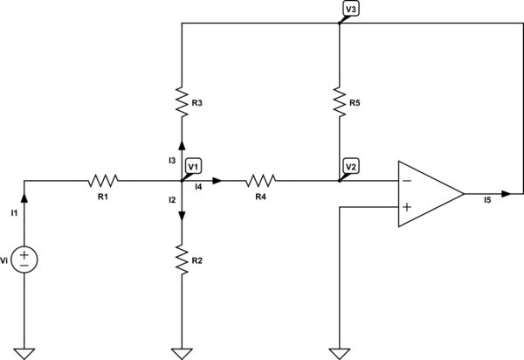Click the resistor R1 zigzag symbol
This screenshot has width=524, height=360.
(x=103, y=181)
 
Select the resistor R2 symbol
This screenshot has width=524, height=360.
(x=182, y=260)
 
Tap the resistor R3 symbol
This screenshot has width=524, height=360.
(x=182, y=104)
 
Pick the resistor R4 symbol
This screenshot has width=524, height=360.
(x=260, y=181)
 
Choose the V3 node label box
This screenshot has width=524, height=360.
(x=351, y=8)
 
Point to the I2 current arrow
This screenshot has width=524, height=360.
(x=182, y=218)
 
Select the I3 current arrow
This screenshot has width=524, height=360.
(x=182, y=146)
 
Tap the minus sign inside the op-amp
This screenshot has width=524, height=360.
(x=407, y=182)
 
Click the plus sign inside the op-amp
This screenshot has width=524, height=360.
(x=407, y=207)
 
